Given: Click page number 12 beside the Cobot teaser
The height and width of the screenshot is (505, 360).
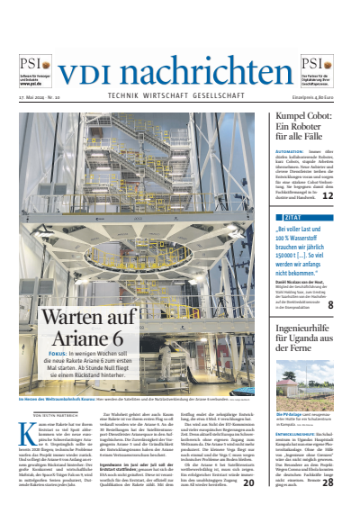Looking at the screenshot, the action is pos(328,194).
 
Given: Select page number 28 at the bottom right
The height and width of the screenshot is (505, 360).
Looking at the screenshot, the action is pos(328,482).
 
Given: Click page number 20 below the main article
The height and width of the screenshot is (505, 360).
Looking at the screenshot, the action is pos(248,482).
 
